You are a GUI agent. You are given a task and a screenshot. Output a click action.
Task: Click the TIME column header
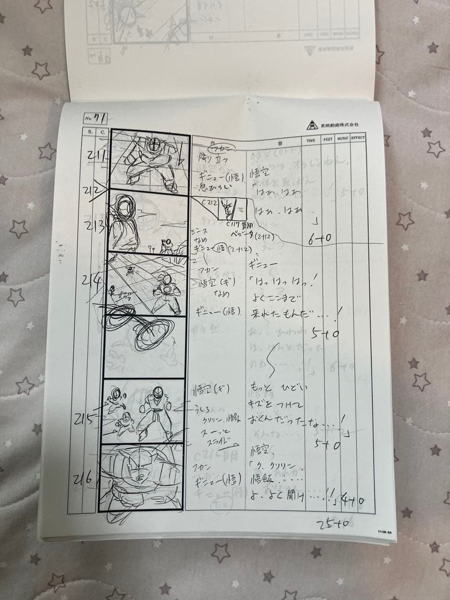coord(311,141)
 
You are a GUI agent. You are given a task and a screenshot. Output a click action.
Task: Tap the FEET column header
coord(328,141)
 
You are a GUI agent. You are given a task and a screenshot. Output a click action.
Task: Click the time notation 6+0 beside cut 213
coord(319,238)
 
